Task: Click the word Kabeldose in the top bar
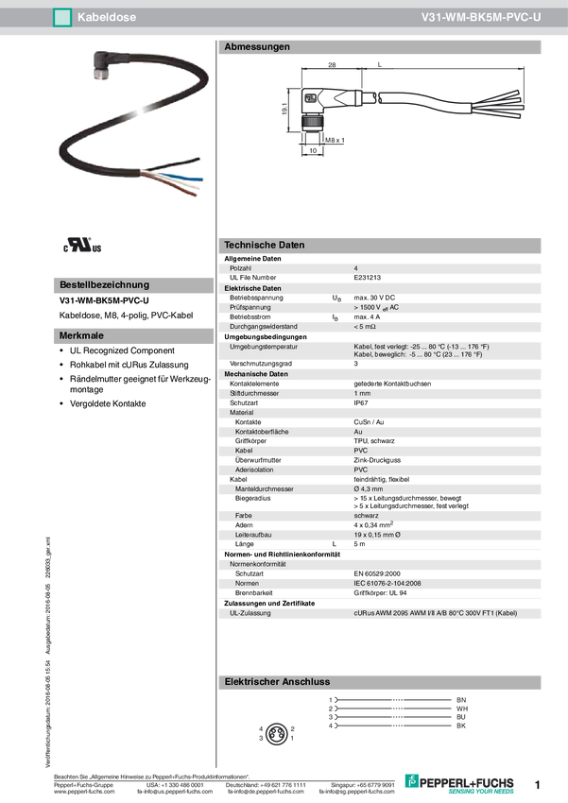click(105, 17)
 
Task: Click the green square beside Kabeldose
click(62, 17)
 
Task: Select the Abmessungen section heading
click(256, 46)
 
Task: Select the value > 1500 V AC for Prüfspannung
click(376, 307)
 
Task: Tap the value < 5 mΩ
click(366, 326)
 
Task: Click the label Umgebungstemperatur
click(264, 347)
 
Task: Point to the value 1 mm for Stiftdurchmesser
click(362, 393)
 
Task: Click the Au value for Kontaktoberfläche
click(358, 432)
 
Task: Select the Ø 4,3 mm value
click(368, 489)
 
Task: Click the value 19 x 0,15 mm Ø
click(383, 535)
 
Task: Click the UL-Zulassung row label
click(250, 613)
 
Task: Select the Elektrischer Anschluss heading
click(275, 681)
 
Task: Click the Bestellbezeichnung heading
click(104, 284)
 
